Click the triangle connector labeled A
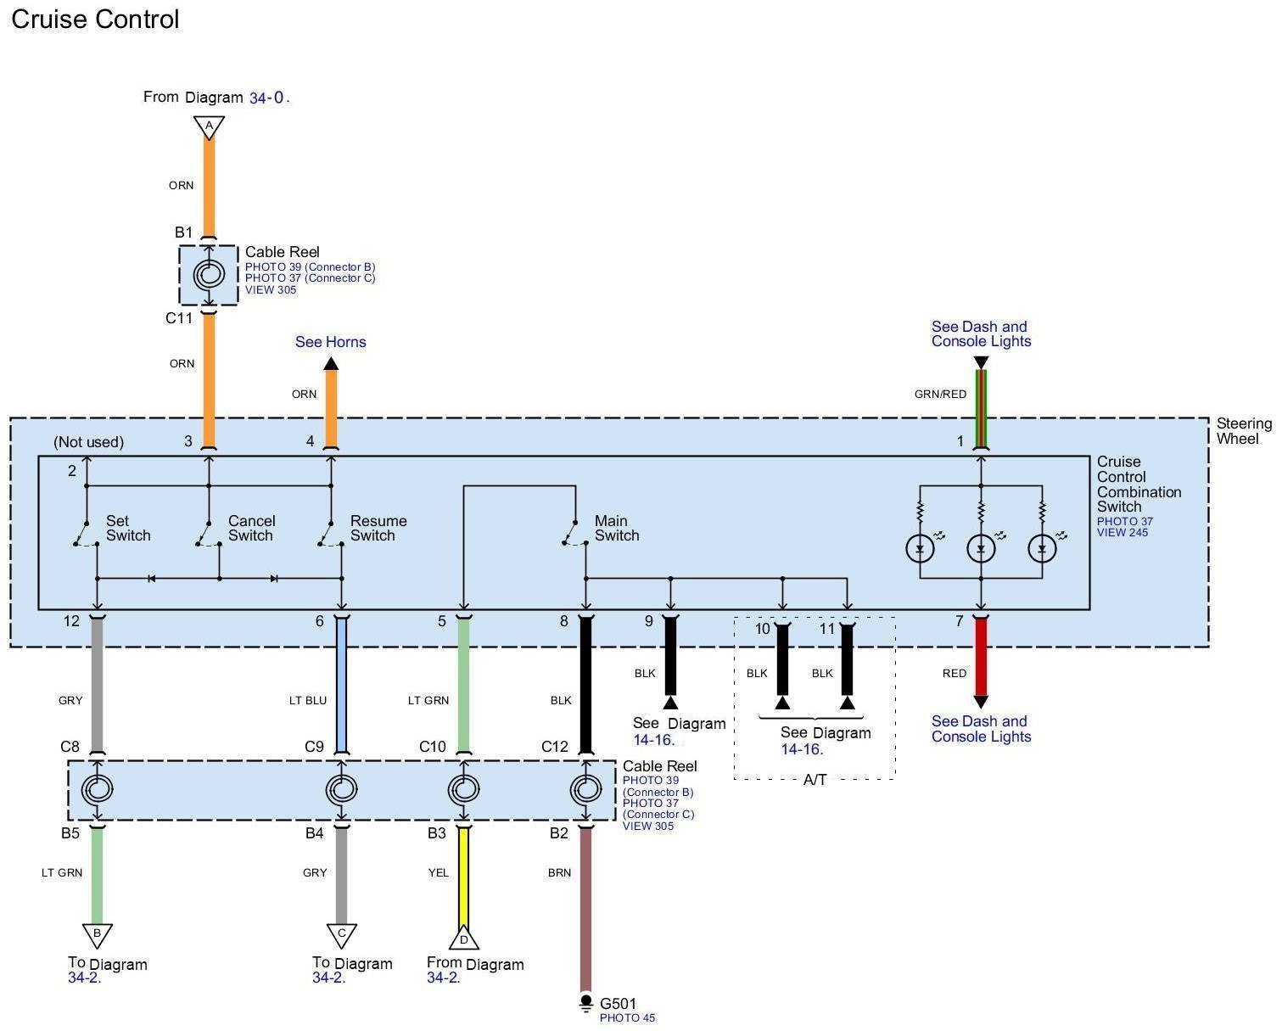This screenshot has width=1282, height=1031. click(x=209, y=127)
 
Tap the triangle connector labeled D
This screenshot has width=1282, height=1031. click(x=463, y=937)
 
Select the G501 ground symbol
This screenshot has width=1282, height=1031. click(x=586, y=1003)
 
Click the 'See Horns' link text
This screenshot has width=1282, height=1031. click(x=331, y=342)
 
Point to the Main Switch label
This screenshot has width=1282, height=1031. click(x=617, y=528)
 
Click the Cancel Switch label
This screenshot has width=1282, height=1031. click(x=251, y=528)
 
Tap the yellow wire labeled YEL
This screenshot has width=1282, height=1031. click(x=463, y=875)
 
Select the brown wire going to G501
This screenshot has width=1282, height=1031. click(x=586, y=910)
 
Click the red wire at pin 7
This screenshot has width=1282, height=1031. click(x=981, y=658)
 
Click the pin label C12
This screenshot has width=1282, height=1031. click(x=555, y=747)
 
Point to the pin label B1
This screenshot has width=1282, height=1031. click(x=183, y=233)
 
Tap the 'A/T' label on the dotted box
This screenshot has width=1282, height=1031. click(x=815, y=780)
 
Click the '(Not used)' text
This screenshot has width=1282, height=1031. click(x=89, y=442)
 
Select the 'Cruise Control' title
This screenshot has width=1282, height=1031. click(x=95, y=19)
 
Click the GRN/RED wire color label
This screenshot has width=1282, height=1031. click(x=940, y=394)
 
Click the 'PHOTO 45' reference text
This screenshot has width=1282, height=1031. click(x=627, y=1018)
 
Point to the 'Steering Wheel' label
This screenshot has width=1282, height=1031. click(x=1244, y=431)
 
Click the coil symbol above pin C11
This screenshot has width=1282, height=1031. click(x=209, y=275)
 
